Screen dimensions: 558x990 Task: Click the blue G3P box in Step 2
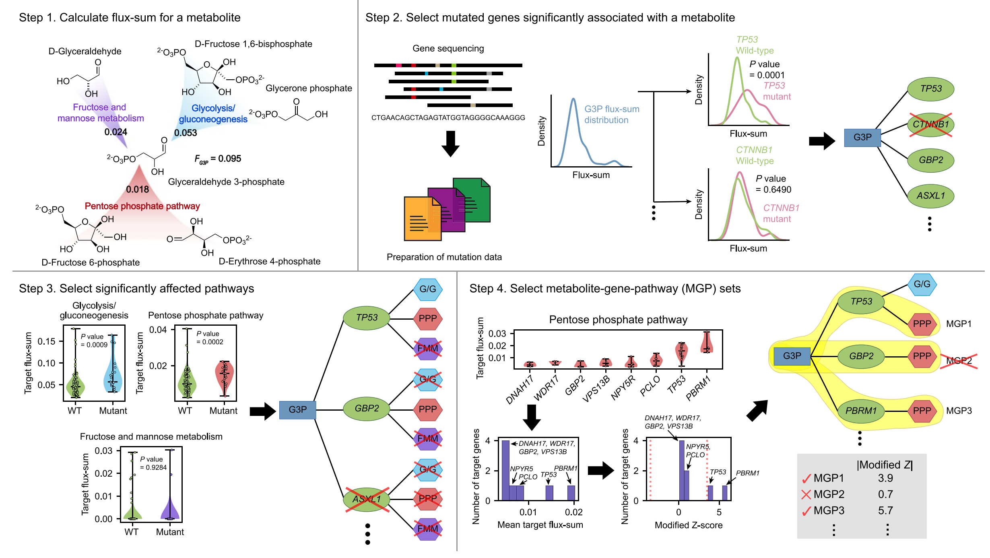pyautogui.click(x=862, y=137)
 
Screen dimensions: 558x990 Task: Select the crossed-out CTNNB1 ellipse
pyautogui.click(x=930, y=124)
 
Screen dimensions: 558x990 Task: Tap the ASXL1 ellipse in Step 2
pyautogui.click(x=930, y=196)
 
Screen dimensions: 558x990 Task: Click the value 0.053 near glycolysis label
pyautogui.click(x=186, y=133)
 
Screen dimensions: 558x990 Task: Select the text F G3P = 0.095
pyautogui.click(x=218, y=159)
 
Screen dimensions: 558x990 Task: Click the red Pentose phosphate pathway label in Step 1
pyautogui.click(x=142, y=206)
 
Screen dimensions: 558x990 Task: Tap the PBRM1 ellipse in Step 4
pyautogui.click(x=861, y=411)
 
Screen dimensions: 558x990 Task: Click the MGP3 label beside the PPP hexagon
pyautogui.click(x=959, y=411)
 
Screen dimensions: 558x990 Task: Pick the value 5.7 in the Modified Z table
pyautogui.click(x=885, y=510)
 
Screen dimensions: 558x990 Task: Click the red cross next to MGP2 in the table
pyautogui.click(x=806, y=494)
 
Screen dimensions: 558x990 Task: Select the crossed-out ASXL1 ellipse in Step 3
pyautogui.click(x=367, y=499)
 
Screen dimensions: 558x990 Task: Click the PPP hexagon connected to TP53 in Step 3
pyautogui.click(x=428, y=318)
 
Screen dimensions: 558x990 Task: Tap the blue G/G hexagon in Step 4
pyautogui.click(x=922, y=284)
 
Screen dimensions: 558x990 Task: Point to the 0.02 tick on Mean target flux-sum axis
pyautogui.click(x=573, y=512)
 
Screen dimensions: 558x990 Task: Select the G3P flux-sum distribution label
pyautogui.click(x=611, y=114)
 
